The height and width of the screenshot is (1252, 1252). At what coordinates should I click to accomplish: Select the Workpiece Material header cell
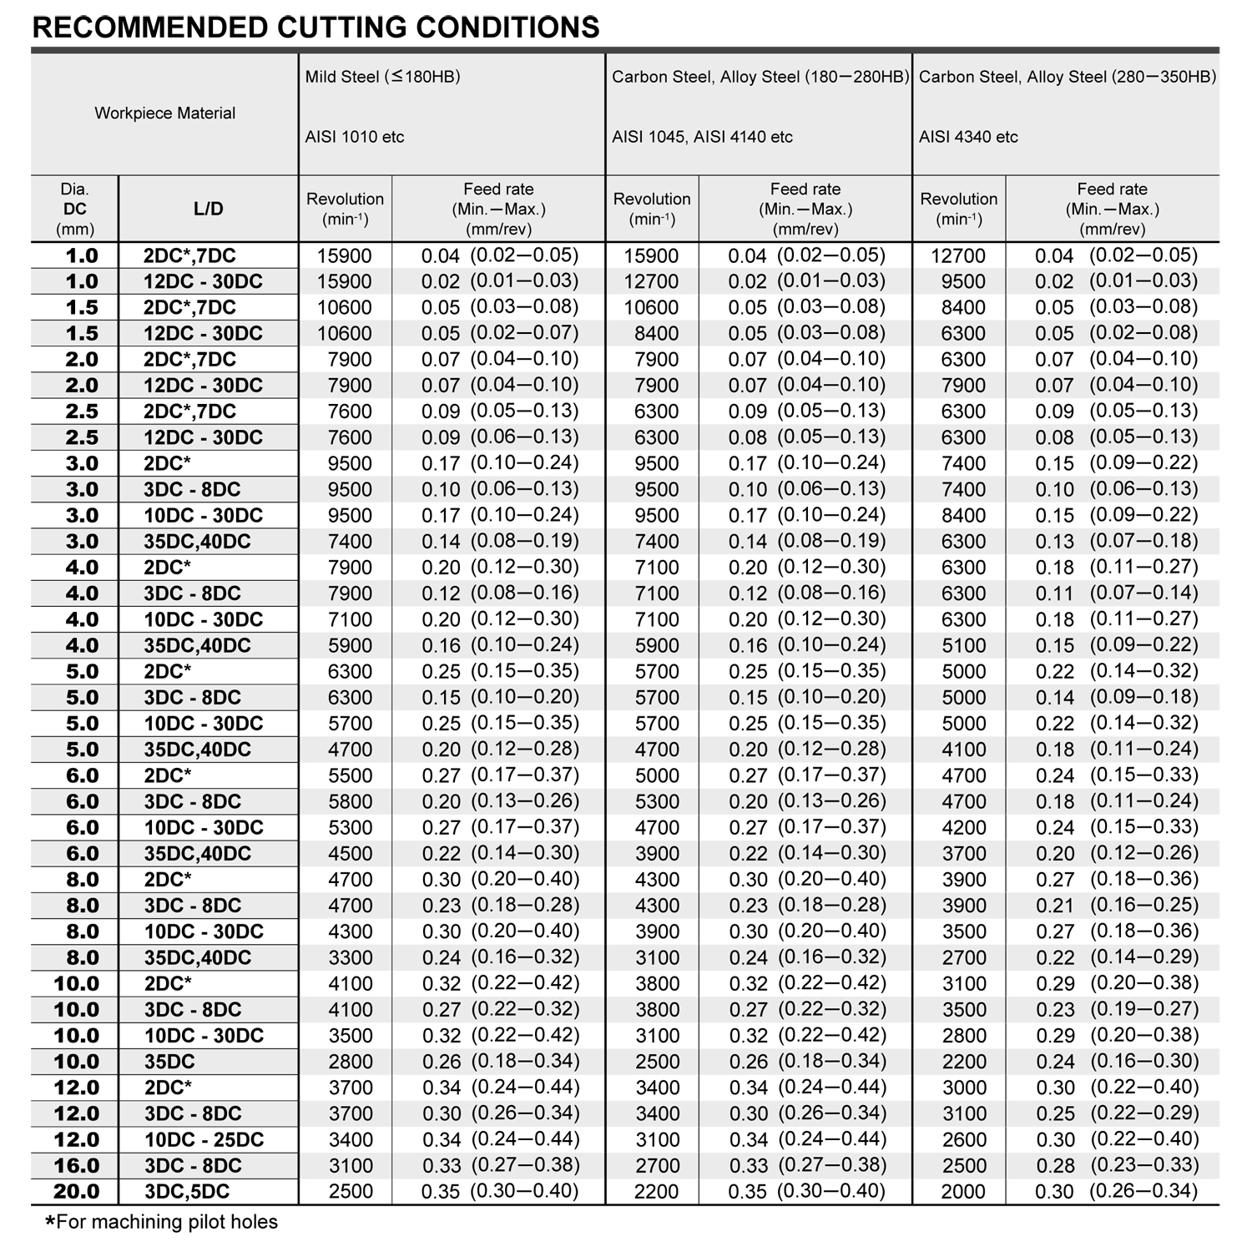164,113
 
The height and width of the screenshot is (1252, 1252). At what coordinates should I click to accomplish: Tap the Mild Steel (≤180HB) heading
382,77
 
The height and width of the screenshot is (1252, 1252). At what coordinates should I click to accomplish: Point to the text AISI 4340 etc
968,137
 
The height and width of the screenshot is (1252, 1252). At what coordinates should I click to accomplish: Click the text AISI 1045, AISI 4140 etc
702,137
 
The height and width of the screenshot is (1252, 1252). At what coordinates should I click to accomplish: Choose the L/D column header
208,209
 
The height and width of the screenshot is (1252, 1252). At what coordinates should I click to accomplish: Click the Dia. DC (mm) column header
75,209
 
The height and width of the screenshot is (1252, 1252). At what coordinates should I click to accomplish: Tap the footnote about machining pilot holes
161,1223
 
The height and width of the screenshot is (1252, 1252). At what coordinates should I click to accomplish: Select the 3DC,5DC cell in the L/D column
187,1192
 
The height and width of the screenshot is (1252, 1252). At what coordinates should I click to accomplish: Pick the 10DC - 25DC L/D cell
204,1140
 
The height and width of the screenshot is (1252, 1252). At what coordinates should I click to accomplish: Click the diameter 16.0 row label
76,1166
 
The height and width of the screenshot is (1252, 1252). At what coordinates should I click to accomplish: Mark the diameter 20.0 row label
76,1192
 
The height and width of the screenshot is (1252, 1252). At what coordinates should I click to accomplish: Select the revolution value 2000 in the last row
963,1192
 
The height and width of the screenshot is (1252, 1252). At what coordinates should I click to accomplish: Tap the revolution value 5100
963,646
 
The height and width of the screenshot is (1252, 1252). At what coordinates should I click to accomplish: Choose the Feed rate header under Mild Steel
498,209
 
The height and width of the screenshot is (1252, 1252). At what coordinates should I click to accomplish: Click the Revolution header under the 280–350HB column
958,209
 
